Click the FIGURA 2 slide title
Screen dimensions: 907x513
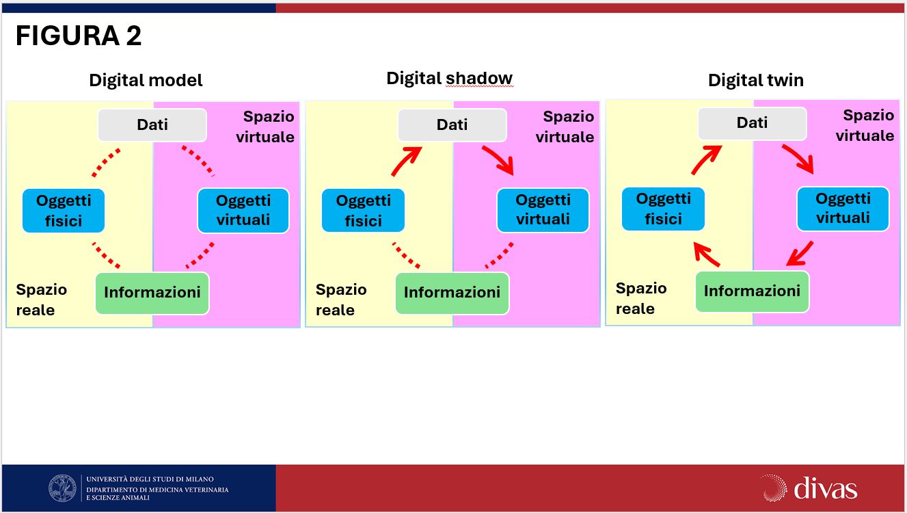[x=79, y=36]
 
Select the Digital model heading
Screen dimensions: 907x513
[x=146, y=80]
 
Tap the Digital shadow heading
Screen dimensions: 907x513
[x=450, y=79]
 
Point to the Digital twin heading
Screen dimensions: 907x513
[x=755, y=80]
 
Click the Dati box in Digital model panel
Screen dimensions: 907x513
[x=152, y=124]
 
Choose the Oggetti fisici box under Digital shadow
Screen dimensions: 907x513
[x=363, y=210]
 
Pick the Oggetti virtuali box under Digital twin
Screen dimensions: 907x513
[x=843, y=209]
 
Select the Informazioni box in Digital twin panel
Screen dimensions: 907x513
[x=752, y=291]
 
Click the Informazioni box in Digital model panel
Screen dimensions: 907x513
[x=152, y=293]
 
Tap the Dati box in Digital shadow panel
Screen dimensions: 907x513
[x=452, y=124]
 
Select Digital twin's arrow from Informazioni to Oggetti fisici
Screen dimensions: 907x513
[x=706, y=254]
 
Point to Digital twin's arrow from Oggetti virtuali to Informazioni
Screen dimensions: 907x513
[x=800, y=254]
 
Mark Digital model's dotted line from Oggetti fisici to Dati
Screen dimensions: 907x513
[x=106, y=163]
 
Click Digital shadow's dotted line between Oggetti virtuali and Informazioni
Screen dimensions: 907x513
[x=499, y=256]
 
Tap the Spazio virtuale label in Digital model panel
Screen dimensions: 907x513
[x=265, y=127]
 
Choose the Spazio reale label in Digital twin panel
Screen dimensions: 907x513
[x=641, y=299]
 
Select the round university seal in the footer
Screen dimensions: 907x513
[x=62, y=488]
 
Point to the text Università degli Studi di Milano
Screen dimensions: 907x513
[x=150, y=479]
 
